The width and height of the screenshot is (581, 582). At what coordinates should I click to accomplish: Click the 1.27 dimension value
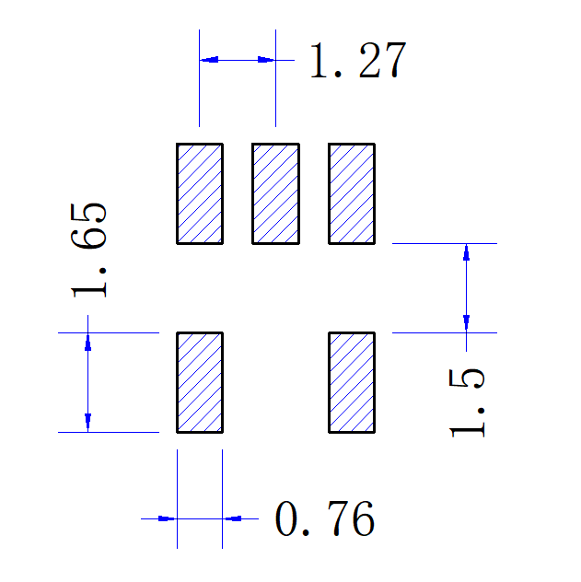pos(356,62)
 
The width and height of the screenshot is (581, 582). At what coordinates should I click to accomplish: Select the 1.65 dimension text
pos(91,249)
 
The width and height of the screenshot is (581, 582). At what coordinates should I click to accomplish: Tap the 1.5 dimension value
pos(467,402)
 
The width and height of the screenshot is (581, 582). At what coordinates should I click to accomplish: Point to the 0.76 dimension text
pos(325,521)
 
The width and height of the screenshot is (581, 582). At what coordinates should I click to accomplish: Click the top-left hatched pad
pos(200,193)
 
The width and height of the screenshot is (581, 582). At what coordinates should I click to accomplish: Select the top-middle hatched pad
pos(276,193)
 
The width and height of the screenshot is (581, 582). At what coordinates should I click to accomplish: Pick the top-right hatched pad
pos(352,193)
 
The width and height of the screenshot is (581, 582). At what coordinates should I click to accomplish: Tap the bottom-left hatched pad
pos(200,382)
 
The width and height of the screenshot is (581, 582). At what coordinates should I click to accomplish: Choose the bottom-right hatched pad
pos(352,382)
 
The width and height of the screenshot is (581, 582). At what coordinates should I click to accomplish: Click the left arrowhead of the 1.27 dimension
pos(209,60)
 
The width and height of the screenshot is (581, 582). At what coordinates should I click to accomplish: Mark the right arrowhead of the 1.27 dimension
pos(266,60)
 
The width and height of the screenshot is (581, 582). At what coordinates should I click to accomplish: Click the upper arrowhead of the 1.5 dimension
pos(467,252)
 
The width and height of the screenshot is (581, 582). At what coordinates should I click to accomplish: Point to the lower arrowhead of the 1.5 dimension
pos(467,323)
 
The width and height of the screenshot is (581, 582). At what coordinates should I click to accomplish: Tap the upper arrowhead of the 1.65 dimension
pos(87,342)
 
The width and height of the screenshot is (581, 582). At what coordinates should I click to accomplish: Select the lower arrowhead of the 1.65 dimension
pos(87,423)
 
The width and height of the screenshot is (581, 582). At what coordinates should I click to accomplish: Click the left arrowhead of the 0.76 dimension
pos(167,518)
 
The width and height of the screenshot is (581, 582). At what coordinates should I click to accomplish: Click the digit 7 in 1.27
pos(389,62)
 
